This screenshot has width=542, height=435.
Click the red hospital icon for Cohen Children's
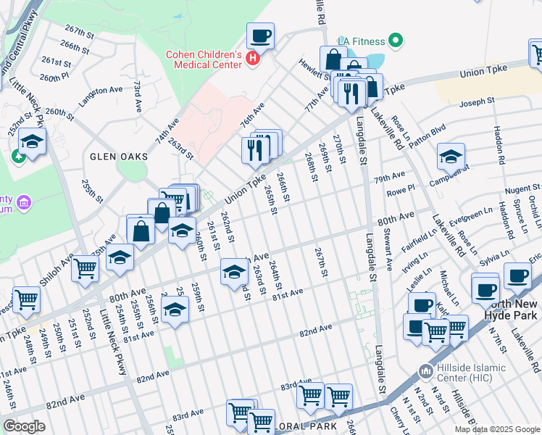[x=253, y=58]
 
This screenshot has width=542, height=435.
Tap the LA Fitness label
[x=363, y=41]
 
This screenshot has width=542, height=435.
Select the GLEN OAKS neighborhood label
[x=119, y=157]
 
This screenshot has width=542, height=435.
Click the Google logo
[x=25, y=426]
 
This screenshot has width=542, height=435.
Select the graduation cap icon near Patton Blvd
[x=451, y=156]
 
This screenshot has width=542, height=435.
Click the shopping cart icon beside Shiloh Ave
[x=86, y=268]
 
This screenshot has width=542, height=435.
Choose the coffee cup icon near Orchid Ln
[x=518, y=275]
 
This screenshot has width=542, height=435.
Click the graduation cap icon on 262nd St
[x=233, y=272]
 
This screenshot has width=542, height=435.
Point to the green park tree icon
[x=15, y=156]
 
